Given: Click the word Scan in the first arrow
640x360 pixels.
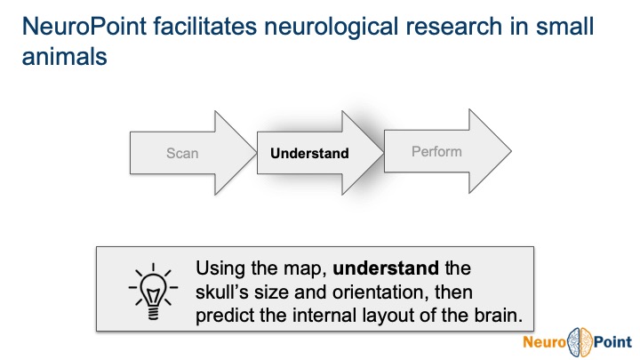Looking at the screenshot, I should [x=182, y=153].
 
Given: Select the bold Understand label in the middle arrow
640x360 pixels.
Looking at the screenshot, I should [x=309, y=153].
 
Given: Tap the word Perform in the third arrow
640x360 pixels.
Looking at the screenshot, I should [x=436, y=152].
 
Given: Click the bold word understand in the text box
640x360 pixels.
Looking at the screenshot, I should [x=386, y=268].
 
